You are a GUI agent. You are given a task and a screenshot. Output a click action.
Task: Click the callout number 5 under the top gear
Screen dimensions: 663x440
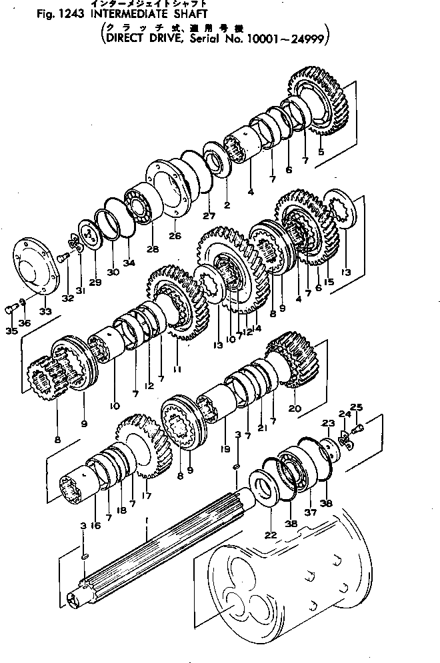(322, 153)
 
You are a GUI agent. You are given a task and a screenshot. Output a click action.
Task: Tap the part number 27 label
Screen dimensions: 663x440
(209, 216)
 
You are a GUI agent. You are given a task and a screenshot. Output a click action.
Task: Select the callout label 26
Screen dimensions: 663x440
(175, 236)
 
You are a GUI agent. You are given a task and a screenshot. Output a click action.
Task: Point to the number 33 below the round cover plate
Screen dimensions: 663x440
(45, 311)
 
